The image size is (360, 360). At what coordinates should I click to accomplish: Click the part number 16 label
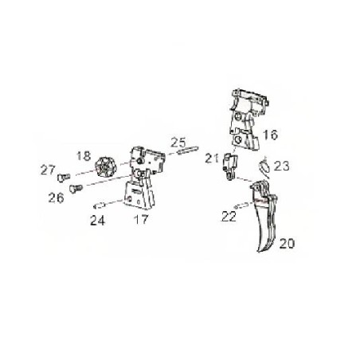point(270,135)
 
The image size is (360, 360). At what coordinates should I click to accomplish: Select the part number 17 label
point(141,219)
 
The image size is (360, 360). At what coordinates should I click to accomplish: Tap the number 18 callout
point(84,156)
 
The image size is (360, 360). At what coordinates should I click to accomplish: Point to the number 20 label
point(287,244)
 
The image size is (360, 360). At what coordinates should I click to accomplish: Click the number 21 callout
point(212,158)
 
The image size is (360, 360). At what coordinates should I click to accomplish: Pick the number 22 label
point(229,217)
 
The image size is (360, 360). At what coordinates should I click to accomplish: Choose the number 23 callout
point(281,166)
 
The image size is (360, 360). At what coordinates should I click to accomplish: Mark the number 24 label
point(97,221)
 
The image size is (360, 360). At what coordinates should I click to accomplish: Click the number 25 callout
point(178,143)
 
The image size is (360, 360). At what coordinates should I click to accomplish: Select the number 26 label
point(56,198)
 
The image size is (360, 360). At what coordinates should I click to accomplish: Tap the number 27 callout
point(48,170)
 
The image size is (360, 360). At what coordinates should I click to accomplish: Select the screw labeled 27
point(64,178)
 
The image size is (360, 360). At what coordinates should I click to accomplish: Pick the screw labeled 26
point(76,189)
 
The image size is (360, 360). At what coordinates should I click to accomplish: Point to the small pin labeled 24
point(100,205)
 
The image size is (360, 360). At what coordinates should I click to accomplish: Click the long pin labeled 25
point(187,150)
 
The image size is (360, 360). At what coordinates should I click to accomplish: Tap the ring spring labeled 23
point(264,166)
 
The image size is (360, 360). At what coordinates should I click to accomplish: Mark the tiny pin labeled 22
point(241,205)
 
